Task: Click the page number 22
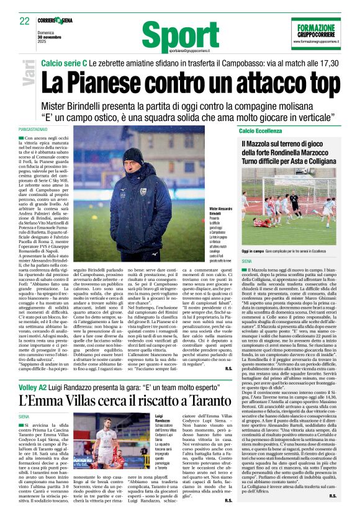(24, 20)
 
